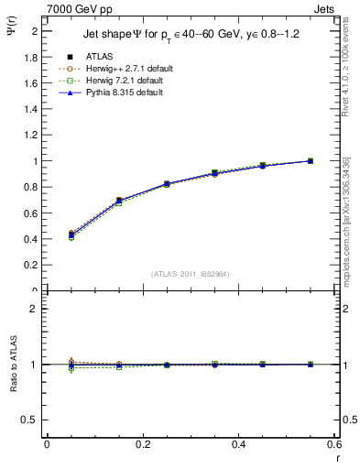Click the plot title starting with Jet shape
tap(191, 37)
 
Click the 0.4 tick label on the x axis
tap(238, 445)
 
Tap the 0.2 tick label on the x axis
tap(142, 445)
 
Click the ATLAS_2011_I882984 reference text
tap(190, 273)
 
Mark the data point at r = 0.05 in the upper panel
tap(71, 234)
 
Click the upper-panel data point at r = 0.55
tap(311, 161)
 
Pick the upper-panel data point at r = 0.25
tap(167, 184)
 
